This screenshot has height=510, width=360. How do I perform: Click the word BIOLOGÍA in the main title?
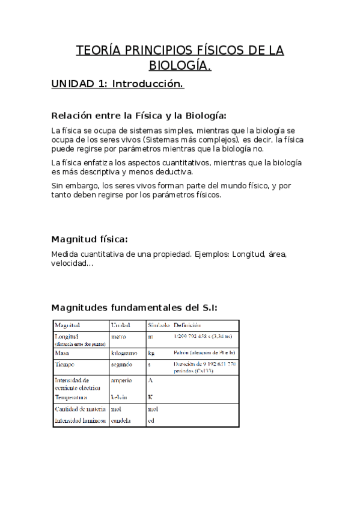pyautogui.click(x=179, y=65)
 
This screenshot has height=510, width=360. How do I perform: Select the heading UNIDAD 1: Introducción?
pyautogui.click(x=117, y=84)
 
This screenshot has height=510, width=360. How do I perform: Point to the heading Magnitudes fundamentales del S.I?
pyautogui.click(x=134, y=307)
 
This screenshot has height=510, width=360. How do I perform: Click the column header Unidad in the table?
pyautogui.click(x=121, y=325)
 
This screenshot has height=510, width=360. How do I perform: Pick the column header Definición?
pyautogui.click(x=187, y=325)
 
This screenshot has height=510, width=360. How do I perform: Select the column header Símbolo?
pyautogui.click(x=159, y=325)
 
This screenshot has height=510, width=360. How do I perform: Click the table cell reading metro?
pyautogui.click(x=118, y=337)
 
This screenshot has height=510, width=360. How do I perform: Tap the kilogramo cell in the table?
pyautogui.click(x=124, y=353)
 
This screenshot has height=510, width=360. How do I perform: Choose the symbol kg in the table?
pyautogui.click(x=151, y=353)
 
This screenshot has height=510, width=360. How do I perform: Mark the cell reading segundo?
pyautogui.click(x=122, y=364)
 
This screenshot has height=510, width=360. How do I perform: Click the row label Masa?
pyautogui.click(x=63, y=353)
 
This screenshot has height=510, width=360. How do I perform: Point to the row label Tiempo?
pyautogui.click(x=66, y=364)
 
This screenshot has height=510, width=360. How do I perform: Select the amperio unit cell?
pyautogui.click(x=123, y=380)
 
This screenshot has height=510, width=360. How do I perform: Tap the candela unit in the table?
pyautogui.click(x=122, y=421)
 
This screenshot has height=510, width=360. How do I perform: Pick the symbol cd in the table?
pyautogui.click(x=151, y=421)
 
